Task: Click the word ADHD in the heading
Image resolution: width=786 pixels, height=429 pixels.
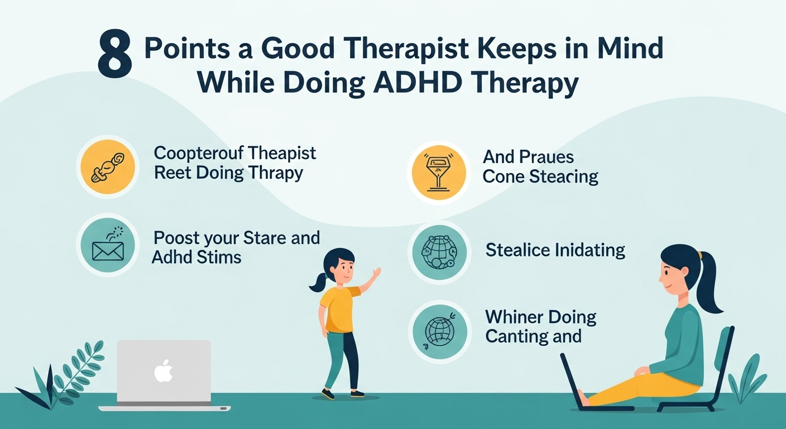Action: click(418, 84)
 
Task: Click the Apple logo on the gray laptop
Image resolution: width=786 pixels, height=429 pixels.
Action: click(164, 371)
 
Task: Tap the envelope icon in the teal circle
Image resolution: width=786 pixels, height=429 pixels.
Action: click(108, 251)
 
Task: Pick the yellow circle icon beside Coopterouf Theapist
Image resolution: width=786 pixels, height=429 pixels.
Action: click(108, 167)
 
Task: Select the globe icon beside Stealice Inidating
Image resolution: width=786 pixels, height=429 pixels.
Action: click(439, 252)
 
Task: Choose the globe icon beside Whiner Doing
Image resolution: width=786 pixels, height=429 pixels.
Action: click(440, 331)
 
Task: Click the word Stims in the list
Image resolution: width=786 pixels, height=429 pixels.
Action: click(219, 258)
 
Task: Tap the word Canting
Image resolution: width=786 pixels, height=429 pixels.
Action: click(517, 337)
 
